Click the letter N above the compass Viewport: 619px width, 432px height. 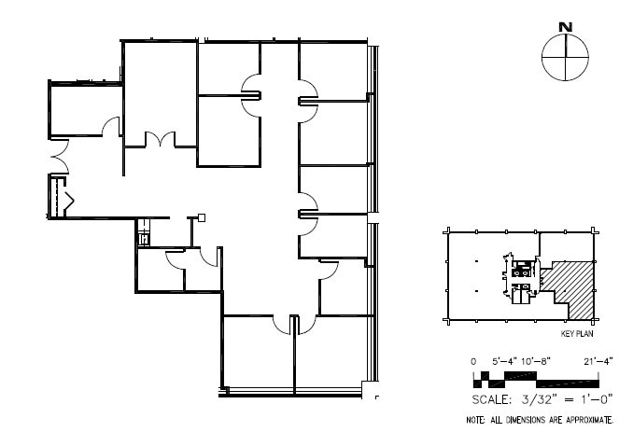[565, 27]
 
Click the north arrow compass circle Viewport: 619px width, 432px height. [566, 58]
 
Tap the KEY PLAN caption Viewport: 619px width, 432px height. [578, 332]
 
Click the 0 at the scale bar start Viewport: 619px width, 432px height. [474, 361]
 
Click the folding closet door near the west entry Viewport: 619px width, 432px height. [66, 197]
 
